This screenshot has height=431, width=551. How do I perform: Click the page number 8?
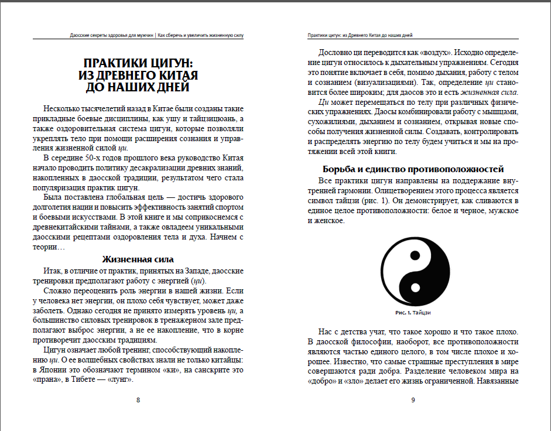(138, 400)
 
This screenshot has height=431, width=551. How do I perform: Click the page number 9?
(413, 400)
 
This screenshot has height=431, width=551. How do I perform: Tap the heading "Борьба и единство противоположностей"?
(413, 169)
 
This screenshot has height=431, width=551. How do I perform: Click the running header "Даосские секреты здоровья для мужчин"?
(111, 35)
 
